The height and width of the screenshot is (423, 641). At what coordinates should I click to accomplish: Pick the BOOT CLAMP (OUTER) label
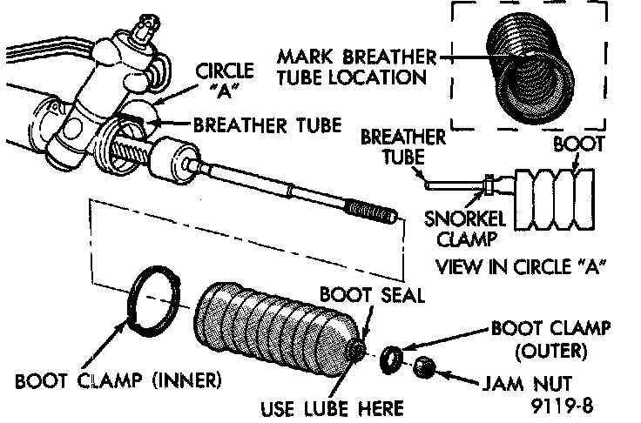550,340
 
